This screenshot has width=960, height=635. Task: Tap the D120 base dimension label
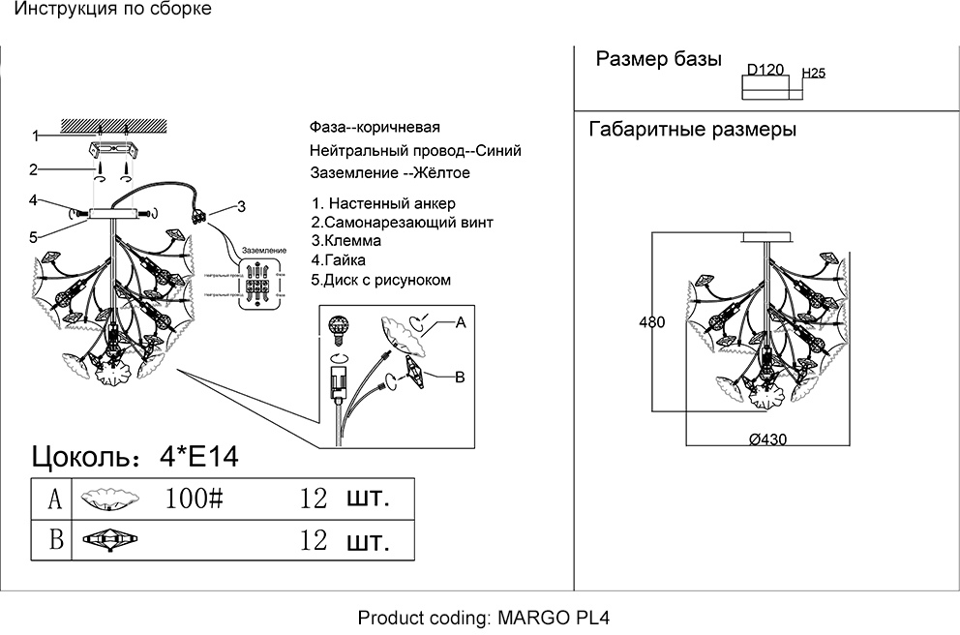765,72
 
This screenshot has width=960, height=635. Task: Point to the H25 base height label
814,74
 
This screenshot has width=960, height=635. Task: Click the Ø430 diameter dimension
768,438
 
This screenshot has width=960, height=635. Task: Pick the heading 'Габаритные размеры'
692,131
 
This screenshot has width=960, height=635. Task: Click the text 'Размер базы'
658,60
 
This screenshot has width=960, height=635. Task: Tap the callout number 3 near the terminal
242,205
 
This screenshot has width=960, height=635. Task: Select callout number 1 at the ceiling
34,136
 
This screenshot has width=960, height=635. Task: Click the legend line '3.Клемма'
346,241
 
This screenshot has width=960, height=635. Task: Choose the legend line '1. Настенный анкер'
383,204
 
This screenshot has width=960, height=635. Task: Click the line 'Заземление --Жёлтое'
390,174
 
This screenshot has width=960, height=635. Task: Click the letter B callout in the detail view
461,377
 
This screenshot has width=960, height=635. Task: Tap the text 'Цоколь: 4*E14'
135,456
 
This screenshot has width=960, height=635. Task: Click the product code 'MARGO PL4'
554,618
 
